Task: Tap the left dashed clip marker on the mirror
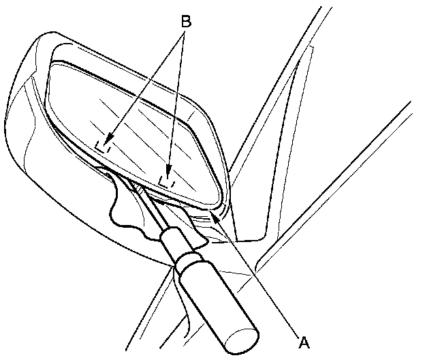pyautogui.click(x=104, y=146)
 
